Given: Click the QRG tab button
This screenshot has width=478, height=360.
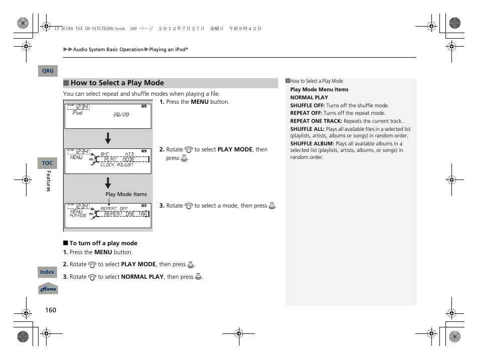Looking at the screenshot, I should (x=48, y=71).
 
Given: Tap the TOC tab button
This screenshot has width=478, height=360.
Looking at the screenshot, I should (x=47, y=163).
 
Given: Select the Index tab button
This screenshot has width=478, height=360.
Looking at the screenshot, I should (x=47, y=272).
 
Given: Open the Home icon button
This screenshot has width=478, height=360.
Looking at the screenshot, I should (x=48, y=289).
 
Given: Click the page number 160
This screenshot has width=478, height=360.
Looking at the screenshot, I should (x=51, y=310).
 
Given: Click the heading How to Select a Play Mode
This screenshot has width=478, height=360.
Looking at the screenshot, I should (x=117, y=83).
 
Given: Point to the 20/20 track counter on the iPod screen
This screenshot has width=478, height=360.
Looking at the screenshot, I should (x=121, y=115).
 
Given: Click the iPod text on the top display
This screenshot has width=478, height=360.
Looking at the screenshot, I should (x=77, y=113).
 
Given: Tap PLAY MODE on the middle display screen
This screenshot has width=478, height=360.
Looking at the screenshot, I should (x=119, y=159).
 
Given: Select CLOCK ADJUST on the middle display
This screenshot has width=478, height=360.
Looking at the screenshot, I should (x=117, y=165).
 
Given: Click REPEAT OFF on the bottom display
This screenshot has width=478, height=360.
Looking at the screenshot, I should (x=114, y=209).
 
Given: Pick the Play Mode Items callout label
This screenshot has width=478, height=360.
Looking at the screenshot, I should (x=126, y=195).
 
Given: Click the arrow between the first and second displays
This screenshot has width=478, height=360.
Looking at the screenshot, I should (x=108, y=138).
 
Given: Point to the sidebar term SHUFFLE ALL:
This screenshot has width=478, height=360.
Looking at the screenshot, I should (x=307, y=129).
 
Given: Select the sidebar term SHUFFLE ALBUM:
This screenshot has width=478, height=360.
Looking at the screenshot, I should (x=312, y=143).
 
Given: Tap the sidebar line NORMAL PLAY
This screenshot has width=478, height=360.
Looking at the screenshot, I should (x=309, y=98).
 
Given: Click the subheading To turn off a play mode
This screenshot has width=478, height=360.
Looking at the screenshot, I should (x=103, y=243).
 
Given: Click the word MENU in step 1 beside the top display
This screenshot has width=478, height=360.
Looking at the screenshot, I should (x=199, y=102).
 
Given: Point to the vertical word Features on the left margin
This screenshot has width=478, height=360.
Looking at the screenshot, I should (x=49, y=181).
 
